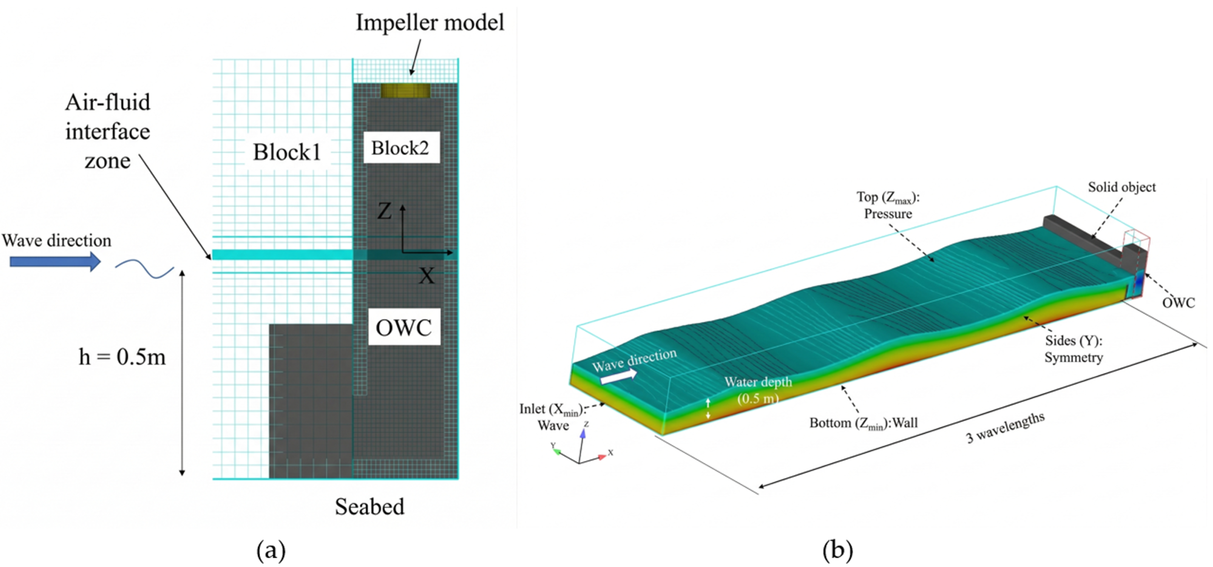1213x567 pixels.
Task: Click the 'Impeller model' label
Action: click(429, 23)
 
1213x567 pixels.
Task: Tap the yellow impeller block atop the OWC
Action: click(405, 91)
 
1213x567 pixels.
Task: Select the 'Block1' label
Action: click(287, 152)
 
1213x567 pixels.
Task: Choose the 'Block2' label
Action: click(400, 148)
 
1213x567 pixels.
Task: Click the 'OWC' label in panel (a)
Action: click(404, 327)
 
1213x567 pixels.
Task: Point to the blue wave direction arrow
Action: click(55, 261)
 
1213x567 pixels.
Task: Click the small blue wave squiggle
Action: click(144, 269)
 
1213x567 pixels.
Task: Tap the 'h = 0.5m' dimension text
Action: click(122, 357)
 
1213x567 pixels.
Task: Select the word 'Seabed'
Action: click(370, 507)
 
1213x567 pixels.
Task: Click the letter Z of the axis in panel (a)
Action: click(384, 211)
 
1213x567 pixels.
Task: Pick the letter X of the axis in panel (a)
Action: click(427, 276)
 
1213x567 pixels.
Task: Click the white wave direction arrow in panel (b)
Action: click(619, 377)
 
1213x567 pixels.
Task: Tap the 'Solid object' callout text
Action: click(1122, 187)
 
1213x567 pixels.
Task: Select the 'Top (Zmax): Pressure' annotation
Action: click(888, 206)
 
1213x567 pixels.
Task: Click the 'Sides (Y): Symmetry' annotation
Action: click(1074, 349)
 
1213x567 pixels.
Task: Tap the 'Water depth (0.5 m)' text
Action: click(758, 390)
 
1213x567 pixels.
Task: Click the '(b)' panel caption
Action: click(837, 550)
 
